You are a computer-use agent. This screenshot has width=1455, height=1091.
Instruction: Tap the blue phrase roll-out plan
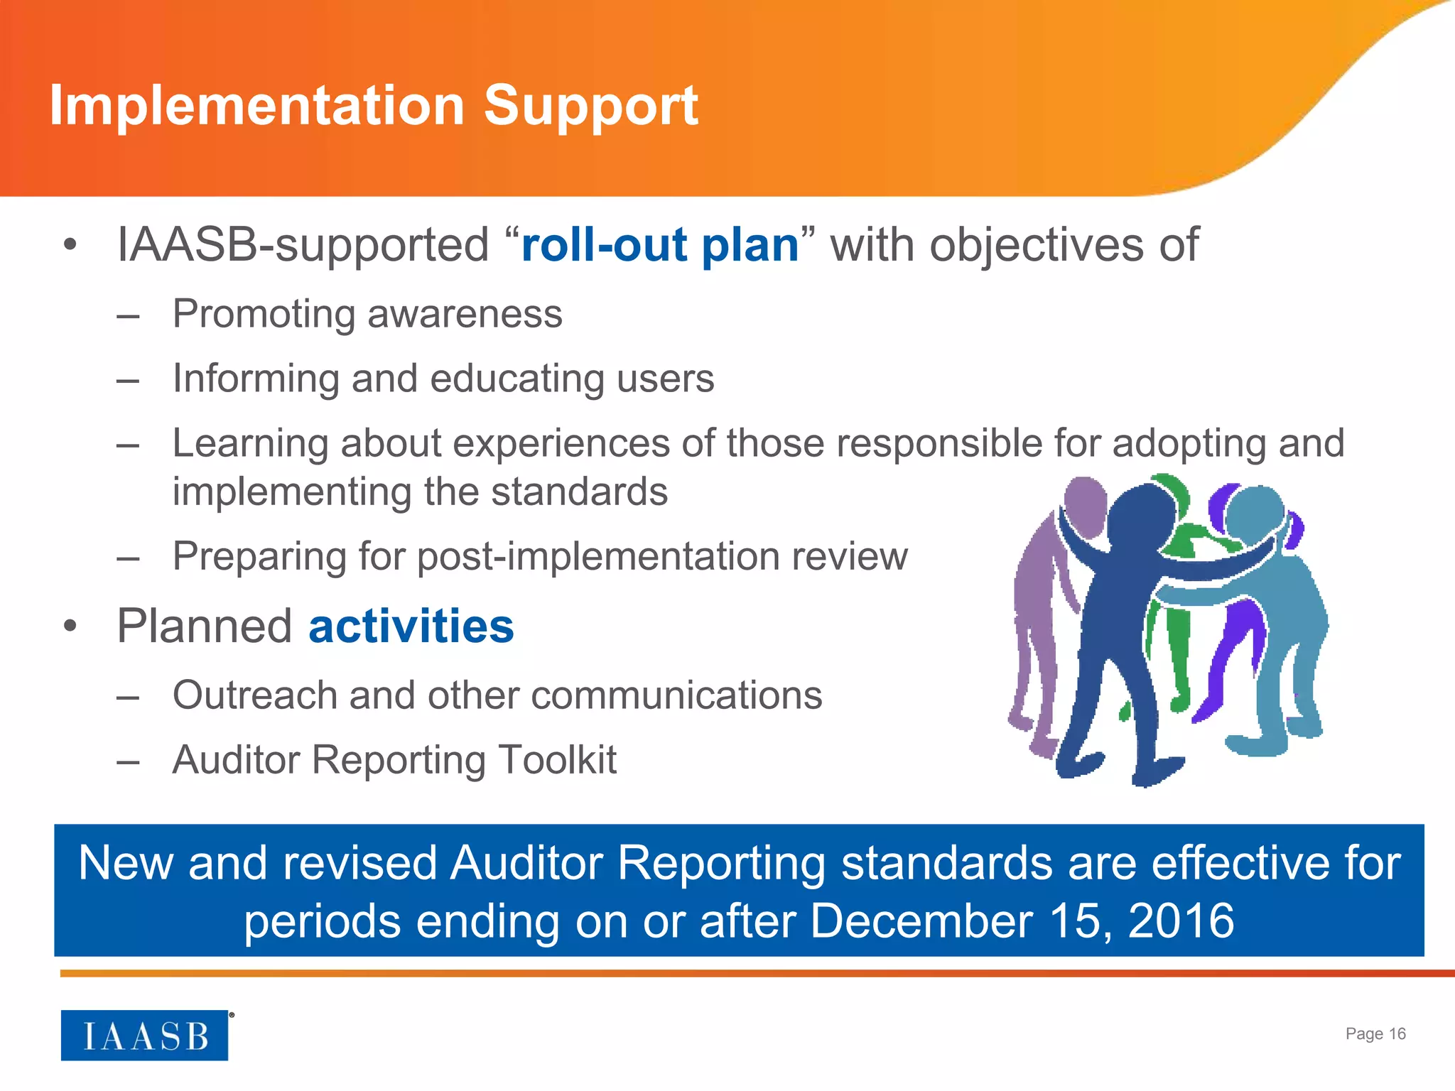(660, 246)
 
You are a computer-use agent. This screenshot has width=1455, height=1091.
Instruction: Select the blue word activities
(411, 626)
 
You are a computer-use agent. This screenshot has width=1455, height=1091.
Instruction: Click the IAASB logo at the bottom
(145, 1036)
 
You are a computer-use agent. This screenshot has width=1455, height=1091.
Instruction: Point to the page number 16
(1397, 1033)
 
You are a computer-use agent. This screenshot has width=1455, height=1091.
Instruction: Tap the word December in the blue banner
(921, 921)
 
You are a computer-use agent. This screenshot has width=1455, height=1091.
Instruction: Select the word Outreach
(254, 695)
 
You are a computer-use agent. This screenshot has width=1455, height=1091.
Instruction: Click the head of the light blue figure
(1254, 511)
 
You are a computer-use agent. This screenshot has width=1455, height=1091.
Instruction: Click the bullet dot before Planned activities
(69, 626)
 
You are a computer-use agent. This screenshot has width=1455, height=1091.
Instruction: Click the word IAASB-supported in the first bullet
(303, 246)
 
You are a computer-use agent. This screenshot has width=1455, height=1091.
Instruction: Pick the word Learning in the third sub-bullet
(250, 443)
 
